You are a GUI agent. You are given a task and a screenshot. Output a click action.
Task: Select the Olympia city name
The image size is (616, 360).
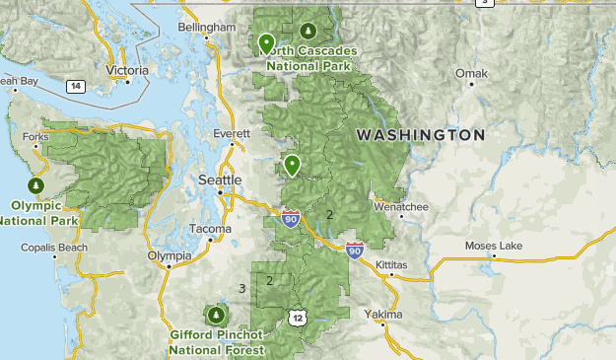169,255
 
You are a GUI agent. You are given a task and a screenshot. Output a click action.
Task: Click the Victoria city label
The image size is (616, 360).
126,71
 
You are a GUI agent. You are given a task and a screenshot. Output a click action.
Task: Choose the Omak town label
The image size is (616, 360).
471,73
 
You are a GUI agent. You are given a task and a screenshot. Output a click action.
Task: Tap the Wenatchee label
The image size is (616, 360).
401,207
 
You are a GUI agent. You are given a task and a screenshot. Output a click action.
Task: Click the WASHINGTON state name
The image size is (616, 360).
421,134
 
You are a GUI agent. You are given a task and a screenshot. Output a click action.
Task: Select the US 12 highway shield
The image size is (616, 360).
298,317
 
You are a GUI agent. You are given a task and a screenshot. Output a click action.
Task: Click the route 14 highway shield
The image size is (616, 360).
75,87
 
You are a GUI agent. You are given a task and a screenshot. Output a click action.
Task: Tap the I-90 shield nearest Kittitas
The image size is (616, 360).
354,251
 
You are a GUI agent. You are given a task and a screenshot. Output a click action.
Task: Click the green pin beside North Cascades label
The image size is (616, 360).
266,44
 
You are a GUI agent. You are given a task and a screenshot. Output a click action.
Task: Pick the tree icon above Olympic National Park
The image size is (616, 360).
37,185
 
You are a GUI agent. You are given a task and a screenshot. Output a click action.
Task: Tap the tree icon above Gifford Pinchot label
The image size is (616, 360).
216,315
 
